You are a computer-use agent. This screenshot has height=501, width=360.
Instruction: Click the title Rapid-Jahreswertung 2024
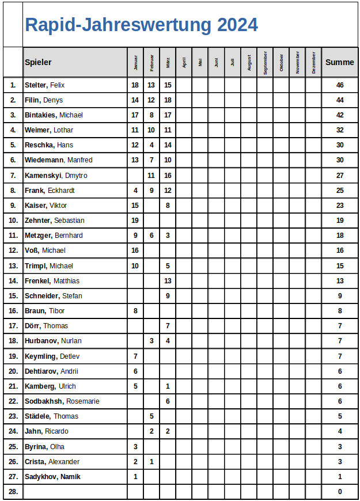click(x=141, y=25)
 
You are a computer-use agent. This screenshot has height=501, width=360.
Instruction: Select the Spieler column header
click(x=38, y=62)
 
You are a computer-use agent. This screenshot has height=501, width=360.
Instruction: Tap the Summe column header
click(x=339, y=62)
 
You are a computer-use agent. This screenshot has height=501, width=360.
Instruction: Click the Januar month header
click(x=135, y=62)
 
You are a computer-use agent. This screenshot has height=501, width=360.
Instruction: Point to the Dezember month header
click(x=313, y=62)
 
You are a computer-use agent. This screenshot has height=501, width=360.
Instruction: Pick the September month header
click(x=265, y=62)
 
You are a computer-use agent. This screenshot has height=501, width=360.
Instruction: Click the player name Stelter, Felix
click(x=45, y=85)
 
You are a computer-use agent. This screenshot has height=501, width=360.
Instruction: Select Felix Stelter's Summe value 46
click(x=340, y=85)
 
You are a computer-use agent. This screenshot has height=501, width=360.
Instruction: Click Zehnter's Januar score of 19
click(x=135, y=221)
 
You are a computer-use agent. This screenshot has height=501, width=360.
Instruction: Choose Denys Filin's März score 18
click(x=168, y=100)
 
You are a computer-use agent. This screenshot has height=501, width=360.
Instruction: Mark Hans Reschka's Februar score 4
click(x=151, y=145)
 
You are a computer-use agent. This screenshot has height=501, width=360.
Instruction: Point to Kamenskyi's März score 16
click(x=168, y=176)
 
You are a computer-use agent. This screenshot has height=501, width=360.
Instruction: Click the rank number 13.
click(x=13, y=266)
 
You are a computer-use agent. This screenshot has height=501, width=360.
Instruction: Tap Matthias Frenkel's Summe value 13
click(x=340, y=281)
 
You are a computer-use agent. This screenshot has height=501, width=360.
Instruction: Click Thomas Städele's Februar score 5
click(x=151, y=416)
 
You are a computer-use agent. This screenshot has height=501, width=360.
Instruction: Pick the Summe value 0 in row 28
click(x=340, y=492)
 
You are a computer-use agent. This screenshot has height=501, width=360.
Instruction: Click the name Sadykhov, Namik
click(x=52, y=477)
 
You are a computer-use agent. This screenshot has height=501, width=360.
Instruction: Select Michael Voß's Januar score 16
click(x=135, y=251)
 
